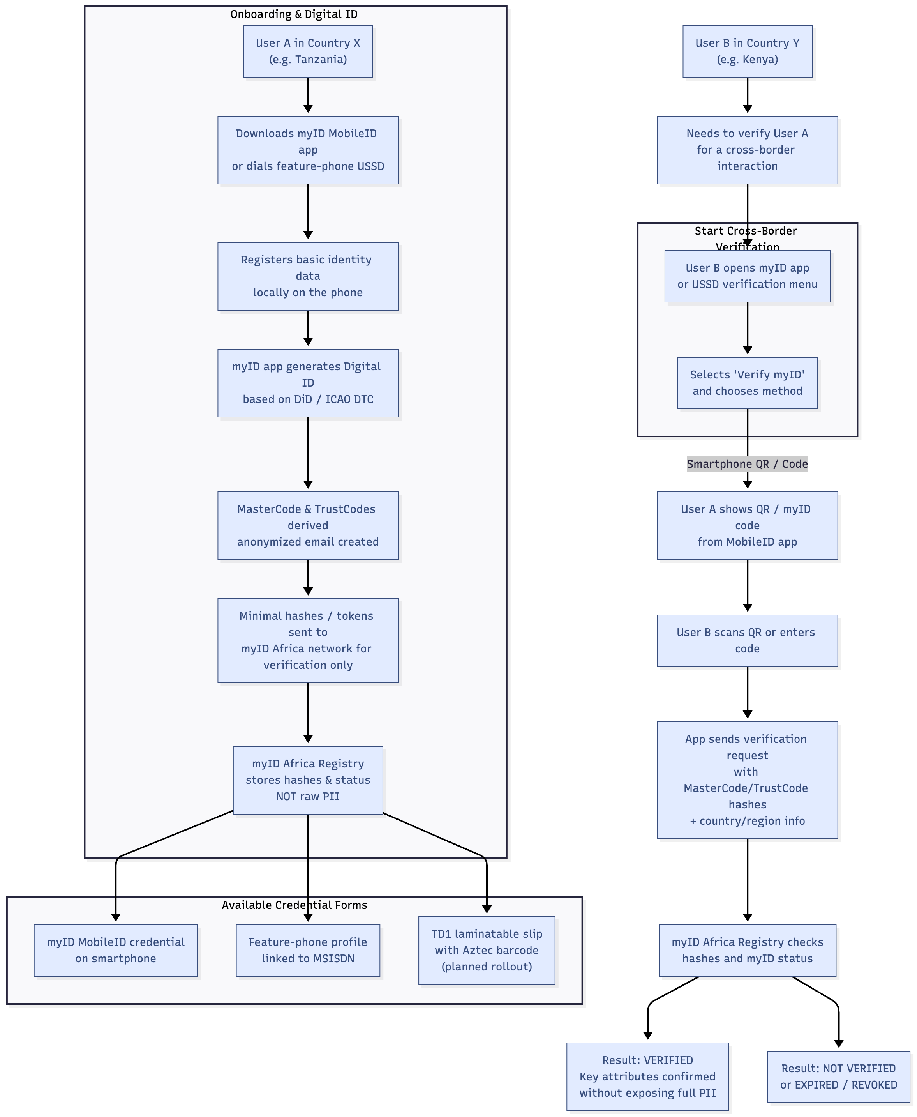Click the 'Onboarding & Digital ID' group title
[x=294, y=14]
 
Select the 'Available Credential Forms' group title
[x=294, y=905]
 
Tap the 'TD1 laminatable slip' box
[x=487, y=950]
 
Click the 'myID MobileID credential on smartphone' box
[x=116, y=950]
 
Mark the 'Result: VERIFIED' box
[x=647, y=1076]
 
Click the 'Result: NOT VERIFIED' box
[x=838, y=1076]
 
